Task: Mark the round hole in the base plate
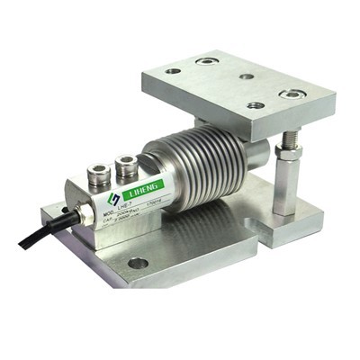[138, 264]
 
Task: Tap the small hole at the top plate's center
[246, 76]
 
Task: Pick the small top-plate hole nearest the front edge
[256, 105]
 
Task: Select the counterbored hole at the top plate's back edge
[206, 61]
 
